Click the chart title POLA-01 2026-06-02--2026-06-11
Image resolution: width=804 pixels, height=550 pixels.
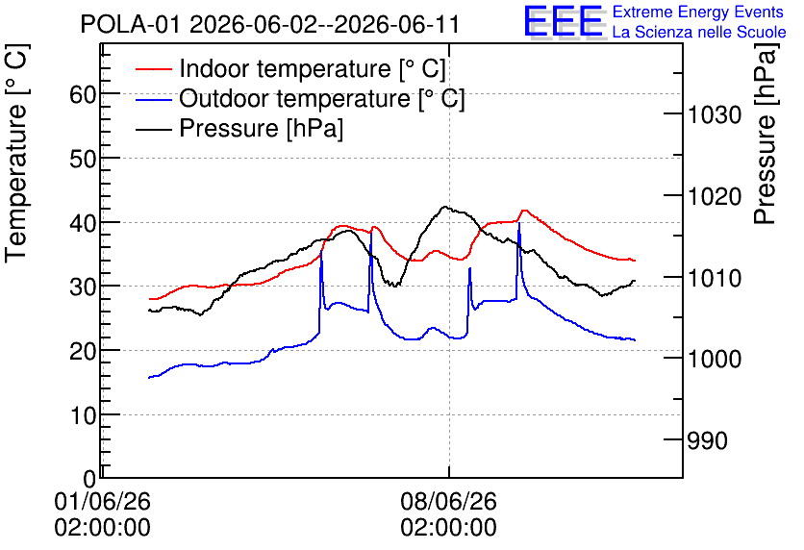click(x=269, y=24)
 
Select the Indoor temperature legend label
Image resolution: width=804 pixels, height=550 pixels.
click(x=313, y=68)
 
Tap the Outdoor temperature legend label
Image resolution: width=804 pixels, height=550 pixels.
click(x=322, y=98)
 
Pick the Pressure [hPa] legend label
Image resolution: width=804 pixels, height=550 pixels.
click(x=261, y=128)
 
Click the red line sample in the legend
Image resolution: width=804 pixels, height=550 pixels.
click(x=154, y=68)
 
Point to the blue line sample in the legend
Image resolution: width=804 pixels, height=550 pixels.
click(x=154, y=98)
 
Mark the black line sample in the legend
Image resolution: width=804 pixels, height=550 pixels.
click(x=154, y=128)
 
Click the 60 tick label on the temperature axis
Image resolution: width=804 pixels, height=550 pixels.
click(x=83, y=94)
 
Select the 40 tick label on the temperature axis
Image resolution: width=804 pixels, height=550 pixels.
click(x=83, y=223)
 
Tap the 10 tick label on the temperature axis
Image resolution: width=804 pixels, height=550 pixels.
click(x=83, y=415)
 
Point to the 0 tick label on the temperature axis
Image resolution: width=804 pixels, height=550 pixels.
click(x=89, y=480)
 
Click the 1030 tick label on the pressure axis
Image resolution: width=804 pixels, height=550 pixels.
click(x=715, y=114)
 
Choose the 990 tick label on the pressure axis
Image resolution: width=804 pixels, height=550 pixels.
click(x=707, y=440)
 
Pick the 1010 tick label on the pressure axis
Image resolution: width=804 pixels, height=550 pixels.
click(x=715, y=278)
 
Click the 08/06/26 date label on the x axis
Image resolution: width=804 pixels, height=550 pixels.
click(x=449, y=501)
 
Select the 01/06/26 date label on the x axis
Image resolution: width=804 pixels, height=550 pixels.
click(x=103, y=501)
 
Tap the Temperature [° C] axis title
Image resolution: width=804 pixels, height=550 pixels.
click(x=17, y=154)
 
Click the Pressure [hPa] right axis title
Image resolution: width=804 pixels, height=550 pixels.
click(x=766, y=134)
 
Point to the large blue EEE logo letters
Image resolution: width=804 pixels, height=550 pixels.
click(x=564, y=21)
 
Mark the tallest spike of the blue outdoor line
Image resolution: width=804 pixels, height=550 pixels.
click(x=519, y=223)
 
